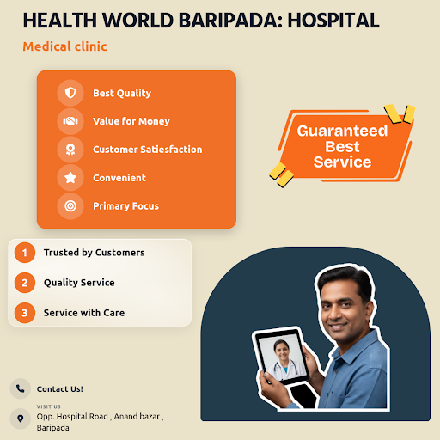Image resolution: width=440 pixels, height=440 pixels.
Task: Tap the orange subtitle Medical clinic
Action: [x=64, y=46]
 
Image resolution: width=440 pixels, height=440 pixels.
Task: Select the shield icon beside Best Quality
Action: [x=70, y=93]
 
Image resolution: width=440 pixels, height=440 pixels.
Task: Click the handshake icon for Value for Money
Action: [x=70, y=121]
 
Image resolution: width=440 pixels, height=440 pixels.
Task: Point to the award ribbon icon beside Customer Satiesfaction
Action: [x=70, y=150]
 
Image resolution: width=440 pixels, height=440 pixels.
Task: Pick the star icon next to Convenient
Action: [x=70, y=178]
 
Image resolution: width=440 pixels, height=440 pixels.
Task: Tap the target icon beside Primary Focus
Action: [x=70, y=205]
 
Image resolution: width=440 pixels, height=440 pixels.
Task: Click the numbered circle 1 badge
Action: [x=25, y=253]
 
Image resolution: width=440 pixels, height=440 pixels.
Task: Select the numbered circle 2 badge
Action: [x=25, y=283]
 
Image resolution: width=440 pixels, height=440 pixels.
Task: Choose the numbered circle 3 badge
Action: [x=25, y=313]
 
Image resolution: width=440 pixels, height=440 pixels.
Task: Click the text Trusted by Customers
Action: [x=95, y=253]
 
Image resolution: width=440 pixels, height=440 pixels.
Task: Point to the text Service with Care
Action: [x=84, y=313]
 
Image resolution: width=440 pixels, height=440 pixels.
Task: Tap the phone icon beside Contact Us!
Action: [x=21, y=388]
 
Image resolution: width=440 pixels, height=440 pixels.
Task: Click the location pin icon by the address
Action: [x=21, y=419]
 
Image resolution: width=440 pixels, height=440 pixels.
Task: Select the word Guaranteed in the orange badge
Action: [x=342, y=131]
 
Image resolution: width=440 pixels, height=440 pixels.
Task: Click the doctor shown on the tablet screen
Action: [x=284, y=358]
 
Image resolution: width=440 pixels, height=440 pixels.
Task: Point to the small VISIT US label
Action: [x=49, y=406]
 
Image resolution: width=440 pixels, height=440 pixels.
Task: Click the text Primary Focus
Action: [x=125, y=206]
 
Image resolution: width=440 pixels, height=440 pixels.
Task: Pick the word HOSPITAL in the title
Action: [x=333, y=21]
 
